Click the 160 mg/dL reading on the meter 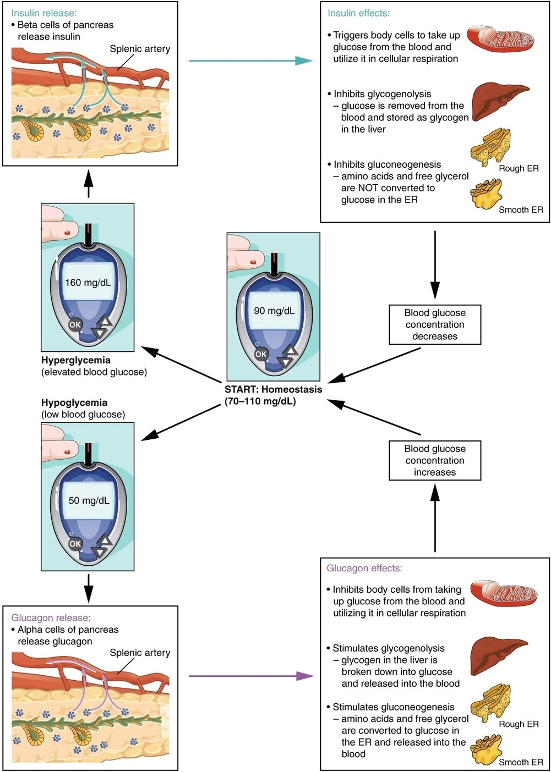pos(88,283)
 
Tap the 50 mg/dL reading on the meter pos(89,500)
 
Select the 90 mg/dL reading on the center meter pos(274,311)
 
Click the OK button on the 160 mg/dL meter pos(75,324)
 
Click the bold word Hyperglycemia pos(76,360)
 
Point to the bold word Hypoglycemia pos(74,402)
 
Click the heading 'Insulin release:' pos(44,13)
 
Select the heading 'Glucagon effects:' pos(364,568)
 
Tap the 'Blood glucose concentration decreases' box pos(435,324)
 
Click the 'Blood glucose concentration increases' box pos(435,460)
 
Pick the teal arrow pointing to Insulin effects pos(251,60)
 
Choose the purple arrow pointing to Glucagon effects pos(251,676)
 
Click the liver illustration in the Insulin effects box pos(500,102)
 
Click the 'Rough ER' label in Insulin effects pos(519,168)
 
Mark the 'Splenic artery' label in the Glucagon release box pos(140,653)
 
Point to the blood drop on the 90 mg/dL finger pos(253,262)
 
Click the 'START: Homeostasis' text pos(273,389)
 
